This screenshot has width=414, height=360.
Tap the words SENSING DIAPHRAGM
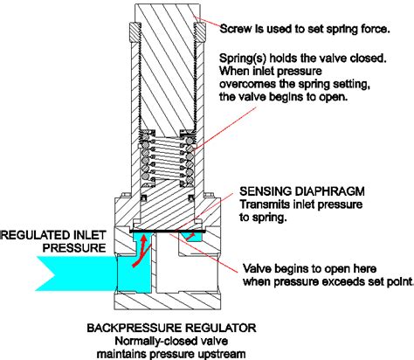302,191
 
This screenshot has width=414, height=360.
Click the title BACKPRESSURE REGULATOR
171,328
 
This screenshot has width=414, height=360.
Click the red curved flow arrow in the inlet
141,251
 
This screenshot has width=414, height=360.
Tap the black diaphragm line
167,232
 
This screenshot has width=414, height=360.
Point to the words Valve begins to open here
309,268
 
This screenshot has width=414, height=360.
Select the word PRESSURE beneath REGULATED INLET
74,248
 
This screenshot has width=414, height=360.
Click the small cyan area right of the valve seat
190,237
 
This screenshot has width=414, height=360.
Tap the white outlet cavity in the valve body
186,269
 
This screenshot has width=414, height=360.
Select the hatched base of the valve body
167,301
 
